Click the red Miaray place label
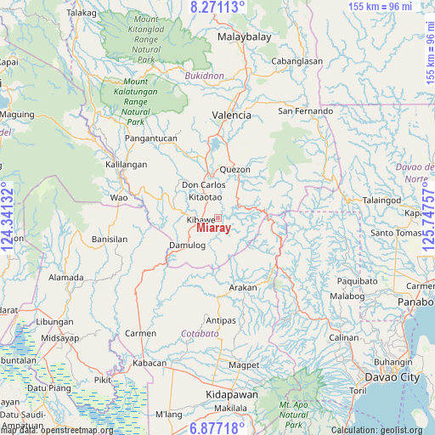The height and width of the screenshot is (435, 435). (x=213, y=229)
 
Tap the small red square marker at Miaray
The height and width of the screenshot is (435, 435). (x=217, y=218)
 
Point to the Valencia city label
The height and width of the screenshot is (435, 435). (x=232, y=115)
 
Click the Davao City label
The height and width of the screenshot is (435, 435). (x=392, y=376)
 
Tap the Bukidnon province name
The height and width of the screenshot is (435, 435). (x=204, y=76)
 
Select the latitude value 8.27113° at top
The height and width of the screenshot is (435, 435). (x=217, y=7)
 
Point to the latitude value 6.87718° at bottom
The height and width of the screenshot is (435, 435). (x=217, y=427)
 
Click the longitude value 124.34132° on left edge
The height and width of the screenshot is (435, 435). (x=8, y=217)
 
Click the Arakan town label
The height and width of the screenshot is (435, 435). (x=243, y=288)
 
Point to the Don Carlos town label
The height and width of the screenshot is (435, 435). (x=204, y=184)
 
